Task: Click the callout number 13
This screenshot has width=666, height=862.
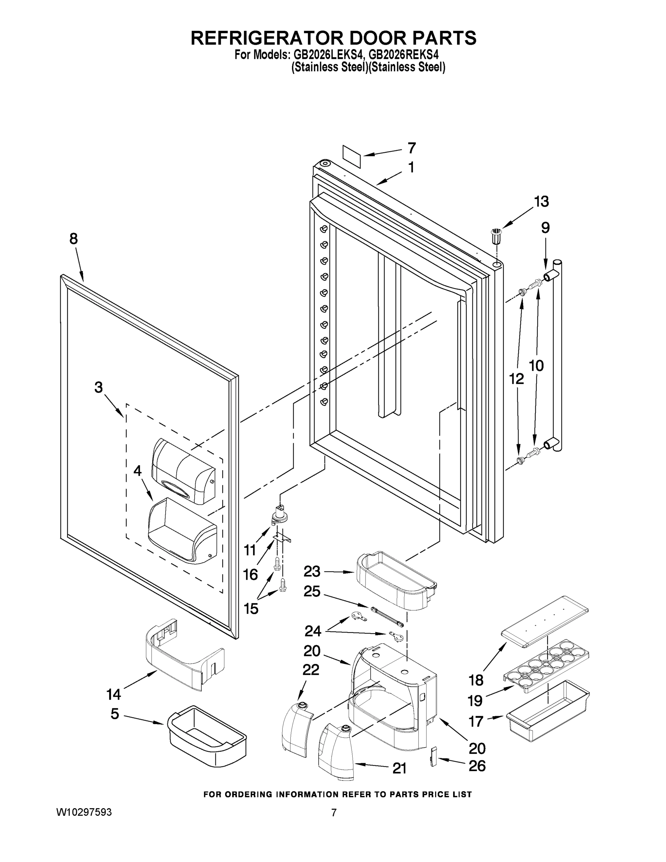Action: pos(541,202)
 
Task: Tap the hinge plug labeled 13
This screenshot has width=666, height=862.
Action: pos(496,236)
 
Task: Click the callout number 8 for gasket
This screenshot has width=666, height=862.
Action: pos(73,239)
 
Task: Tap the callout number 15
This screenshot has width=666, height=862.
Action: pos(251,609)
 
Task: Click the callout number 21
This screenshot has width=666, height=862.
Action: pos(399,768)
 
